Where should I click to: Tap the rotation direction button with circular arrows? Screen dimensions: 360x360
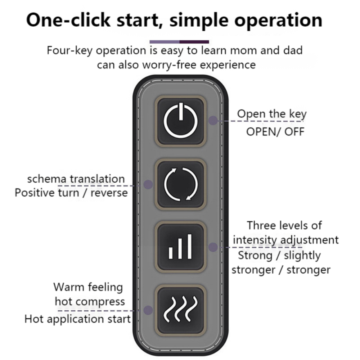click(180, 184)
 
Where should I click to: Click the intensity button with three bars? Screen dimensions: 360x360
click(180, 247)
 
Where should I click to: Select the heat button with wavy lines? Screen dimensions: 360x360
click(180, 310)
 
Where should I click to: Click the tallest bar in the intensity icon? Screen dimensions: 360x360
click(189, 247)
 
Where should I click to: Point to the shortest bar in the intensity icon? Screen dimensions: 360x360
click(171, 253)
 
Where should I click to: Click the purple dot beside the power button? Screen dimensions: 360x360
click(213, 120)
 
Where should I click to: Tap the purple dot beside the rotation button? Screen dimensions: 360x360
click(148, 184)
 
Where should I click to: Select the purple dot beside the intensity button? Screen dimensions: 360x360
click(213, 247)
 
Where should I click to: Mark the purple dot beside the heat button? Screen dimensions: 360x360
click(148, 310)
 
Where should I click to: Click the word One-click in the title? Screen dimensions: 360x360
click(68, 20)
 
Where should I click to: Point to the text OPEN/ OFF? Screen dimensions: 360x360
click(275, 132)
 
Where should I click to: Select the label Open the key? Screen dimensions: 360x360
click(272, 114)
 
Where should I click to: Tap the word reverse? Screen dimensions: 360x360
click(109, 193)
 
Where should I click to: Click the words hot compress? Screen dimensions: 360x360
click(90, 302)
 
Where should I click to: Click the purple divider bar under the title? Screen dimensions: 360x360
click(179, 42)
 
